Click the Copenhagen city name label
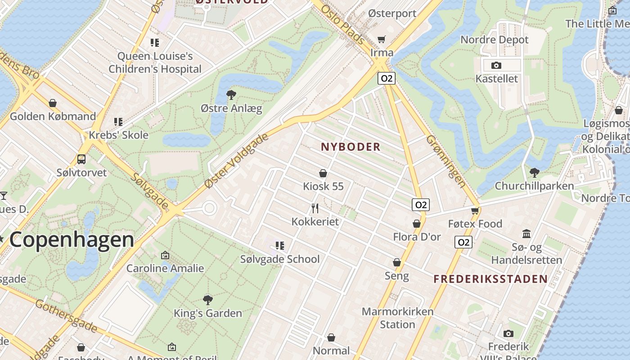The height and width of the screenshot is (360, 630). point(72,239)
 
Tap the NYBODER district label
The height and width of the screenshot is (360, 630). point(351,147)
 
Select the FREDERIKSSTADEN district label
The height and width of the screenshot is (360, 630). point(490,279)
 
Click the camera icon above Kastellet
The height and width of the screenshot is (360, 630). point(496,66)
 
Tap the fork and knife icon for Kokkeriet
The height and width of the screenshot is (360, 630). point(315,208)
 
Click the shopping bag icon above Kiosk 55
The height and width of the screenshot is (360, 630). point(323,173)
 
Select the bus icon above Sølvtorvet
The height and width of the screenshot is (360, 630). point(81,159)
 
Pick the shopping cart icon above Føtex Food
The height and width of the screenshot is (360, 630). point(475,211)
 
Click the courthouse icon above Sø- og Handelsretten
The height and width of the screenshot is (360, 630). point(526,234)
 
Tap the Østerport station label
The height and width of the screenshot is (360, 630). point(392,13)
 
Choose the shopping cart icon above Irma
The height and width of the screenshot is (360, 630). point(382,40)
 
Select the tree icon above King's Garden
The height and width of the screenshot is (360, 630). point(207,300)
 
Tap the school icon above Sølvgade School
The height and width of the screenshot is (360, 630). point(280,246)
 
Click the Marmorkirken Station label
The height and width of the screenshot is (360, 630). point(397,318)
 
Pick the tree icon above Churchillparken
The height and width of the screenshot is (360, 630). point(535,172)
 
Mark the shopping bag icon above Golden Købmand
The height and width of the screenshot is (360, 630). point(53,103)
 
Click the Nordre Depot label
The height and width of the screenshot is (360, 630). point(495,40)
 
